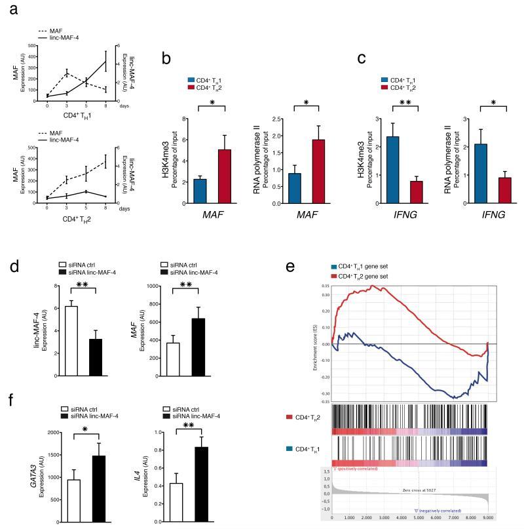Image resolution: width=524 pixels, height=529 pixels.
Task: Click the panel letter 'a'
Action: (x=9, y=9)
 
